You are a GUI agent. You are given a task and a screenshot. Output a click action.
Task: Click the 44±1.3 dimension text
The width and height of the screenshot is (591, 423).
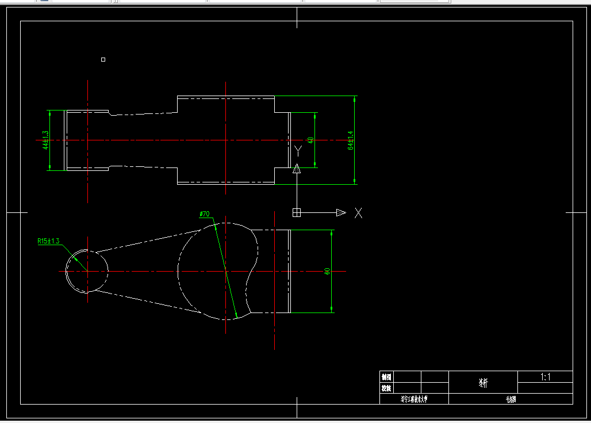click(45, 140)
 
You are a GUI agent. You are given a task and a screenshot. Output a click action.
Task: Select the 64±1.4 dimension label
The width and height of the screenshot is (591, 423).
click(350, 140)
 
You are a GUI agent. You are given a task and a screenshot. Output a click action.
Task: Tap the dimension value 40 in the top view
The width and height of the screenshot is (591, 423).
click(311, 140)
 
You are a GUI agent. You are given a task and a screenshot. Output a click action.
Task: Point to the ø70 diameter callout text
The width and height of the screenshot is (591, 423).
click(205, 214)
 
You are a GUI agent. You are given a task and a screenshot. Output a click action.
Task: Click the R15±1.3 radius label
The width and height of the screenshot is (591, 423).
click(48, 241)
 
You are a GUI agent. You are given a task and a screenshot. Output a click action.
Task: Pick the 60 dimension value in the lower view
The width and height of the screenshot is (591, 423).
click(327, 271)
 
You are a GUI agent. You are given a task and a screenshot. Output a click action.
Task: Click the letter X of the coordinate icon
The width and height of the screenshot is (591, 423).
click(359, 213)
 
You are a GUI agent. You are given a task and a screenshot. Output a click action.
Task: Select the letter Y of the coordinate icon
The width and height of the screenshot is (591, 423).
click(298, 151)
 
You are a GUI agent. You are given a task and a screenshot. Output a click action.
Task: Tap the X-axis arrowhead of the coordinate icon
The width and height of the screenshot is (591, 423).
click(341, 213)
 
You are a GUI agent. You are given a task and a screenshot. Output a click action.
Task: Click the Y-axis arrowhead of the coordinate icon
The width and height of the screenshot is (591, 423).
click(297, 169)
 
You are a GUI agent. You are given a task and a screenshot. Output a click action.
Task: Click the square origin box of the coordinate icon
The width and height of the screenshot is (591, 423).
click(297, 213)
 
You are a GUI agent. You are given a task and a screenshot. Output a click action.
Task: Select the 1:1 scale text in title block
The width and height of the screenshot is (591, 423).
click(546, 378)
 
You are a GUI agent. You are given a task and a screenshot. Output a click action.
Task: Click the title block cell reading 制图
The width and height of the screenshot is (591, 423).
click(386, 378)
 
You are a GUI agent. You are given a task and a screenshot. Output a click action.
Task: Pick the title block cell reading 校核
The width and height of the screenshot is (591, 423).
click(386, 388)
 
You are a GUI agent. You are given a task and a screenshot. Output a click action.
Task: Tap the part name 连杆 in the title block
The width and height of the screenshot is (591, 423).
click(483, 383)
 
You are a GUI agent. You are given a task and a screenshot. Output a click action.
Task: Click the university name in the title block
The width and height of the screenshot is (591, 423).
click(414, 399)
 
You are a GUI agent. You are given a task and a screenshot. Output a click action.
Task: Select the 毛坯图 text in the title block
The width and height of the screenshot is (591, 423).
click(511, 399)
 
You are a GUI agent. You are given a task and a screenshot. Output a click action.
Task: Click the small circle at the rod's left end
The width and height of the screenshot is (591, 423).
click(87, 271)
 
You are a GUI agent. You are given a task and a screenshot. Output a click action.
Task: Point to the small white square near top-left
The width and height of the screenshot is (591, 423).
click(103, 59)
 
